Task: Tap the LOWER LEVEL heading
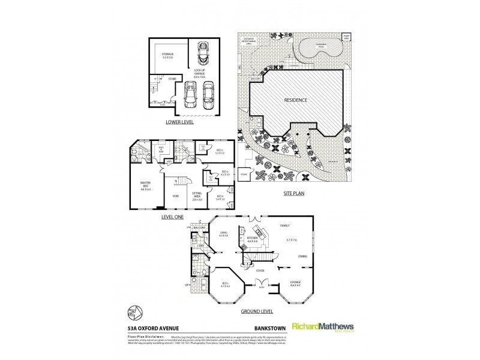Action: pos(183,122)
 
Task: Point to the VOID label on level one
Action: pos(175,196)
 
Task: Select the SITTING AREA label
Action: pos(196,196)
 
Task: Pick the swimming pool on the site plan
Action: pos(317,47)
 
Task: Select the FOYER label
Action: pos(260,270)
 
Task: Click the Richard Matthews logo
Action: pos(320,327)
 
